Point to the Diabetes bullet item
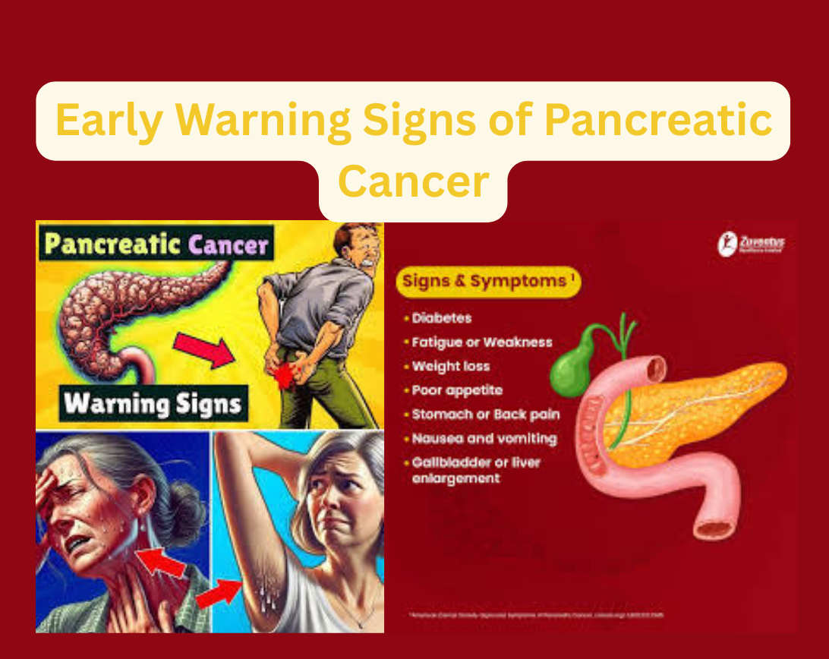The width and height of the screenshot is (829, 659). [x=442, y=318]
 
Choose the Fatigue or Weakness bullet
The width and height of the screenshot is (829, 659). [x=481, y=342]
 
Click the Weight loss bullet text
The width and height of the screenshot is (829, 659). [x=451, y=366]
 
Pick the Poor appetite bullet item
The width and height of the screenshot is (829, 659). [x=457, y=390]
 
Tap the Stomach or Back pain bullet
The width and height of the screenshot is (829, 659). [x=485, y=415]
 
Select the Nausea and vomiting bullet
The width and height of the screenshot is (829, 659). [x=484, y=439]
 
